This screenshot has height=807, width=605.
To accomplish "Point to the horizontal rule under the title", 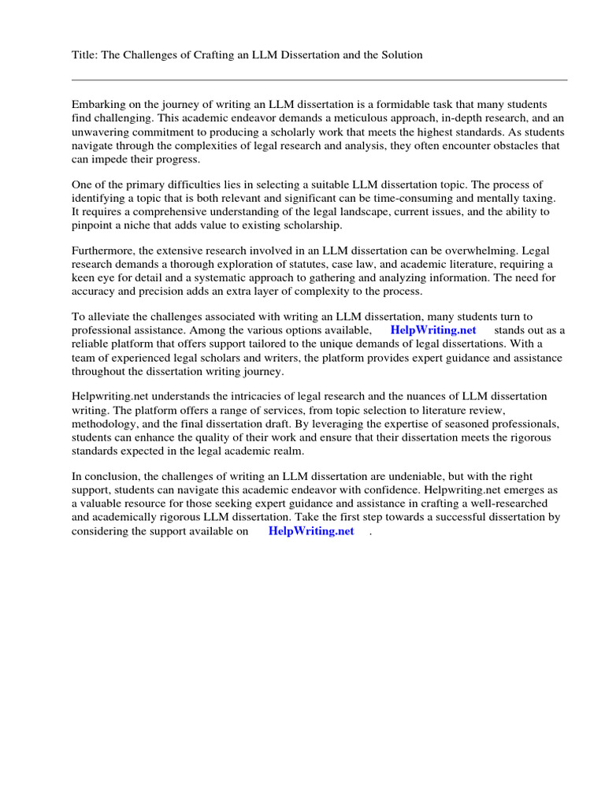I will point(319,80).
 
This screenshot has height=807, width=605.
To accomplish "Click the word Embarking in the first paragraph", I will point(98,105).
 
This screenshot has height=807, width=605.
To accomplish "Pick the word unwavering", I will point(102,132).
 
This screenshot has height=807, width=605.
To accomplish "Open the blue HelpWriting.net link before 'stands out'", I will point(432,330).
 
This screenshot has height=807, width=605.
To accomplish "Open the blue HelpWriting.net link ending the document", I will point(311,531).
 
